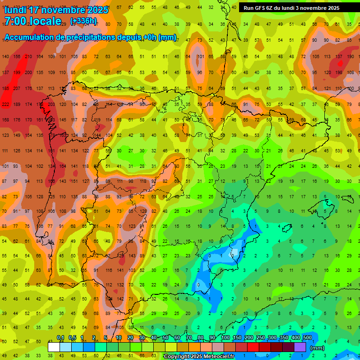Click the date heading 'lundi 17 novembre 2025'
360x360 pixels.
point(56,10)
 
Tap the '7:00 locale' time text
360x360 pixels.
point(32,21)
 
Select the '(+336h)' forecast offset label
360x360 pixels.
point(83,21)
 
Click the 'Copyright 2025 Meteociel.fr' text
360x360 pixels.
point(199,357)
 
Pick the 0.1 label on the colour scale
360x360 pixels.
point(60,338)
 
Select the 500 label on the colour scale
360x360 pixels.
point(307,338)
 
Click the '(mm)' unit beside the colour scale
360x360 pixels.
point(317,348)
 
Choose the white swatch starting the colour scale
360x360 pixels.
point(54,347)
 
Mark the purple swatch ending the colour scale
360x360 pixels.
point(300,347)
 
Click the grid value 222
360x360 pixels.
point(6,104)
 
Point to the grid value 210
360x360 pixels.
point(28,57)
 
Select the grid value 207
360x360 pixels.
point(17,88)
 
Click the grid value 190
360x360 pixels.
point(350,57)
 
